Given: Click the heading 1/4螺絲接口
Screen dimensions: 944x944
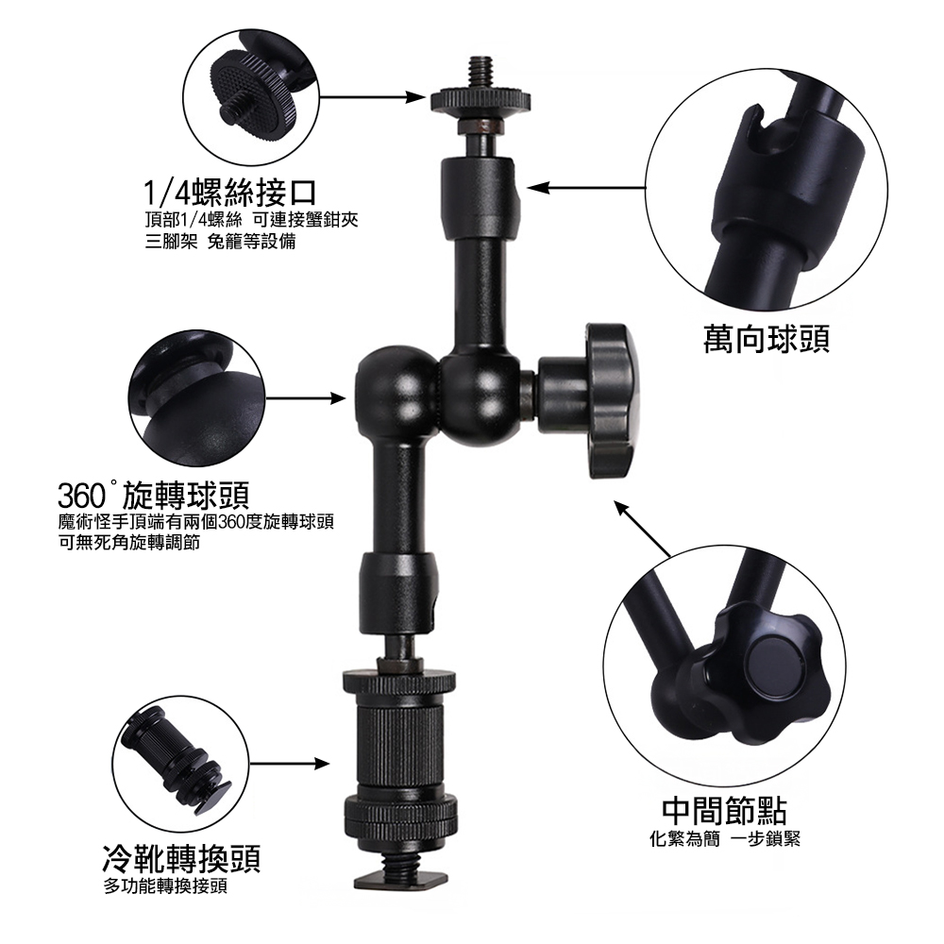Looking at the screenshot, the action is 230,193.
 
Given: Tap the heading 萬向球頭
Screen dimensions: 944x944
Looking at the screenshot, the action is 767,338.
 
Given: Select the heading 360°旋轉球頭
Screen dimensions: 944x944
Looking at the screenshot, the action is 154,497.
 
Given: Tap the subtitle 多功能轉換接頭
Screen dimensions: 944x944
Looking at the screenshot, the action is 165,886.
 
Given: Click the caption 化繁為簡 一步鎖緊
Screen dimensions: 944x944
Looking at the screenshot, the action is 725,838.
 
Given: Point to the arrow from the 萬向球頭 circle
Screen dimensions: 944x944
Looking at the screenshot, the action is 587,188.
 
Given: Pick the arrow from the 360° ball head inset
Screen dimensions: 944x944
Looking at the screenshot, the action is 306,398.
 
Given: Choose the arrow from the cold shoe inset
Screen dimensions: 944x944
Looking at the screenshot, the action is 290,764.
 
